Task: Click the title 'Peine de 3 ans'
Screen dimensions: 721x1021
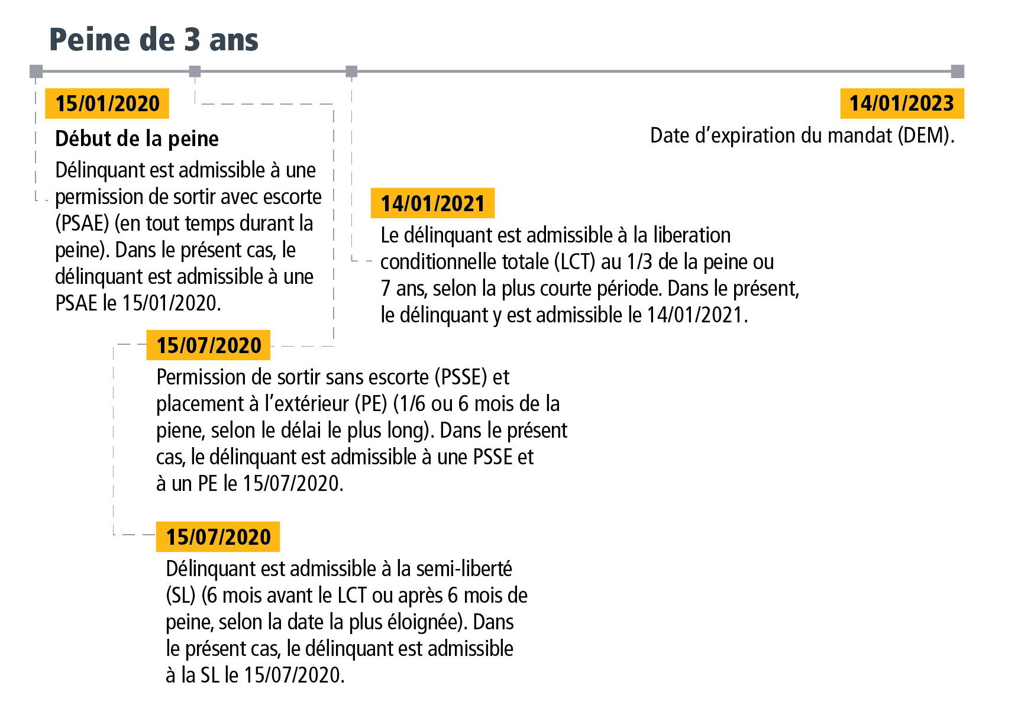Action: coord(153,40)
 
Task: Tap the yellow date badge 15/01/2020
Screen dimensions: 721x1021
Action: coord(107,104)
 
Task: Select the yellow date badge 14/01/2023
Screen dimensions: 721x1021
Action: coord(902,104)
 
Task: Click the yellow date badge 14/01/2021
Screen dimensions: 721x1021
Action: coord(432,203)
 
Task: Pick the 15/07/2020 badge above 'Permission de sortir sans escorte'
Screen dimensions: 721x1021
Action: coord(208,345)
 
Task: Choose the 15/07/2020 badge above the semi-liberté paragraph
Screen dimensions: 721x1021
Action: coord(218,537)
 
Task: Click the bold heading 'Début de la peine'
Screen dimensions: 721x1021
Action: coord(137,139)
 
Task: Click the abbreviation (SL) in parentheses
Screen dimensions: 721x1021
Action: coord(180,596)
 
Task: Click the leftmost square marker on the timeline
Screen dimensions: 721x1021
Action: coord(37,72)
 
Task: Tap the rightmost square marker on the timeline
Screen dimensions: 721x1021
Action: coord(957,72)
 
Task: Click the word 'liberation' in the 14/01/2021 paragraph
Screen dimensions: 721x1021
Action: coord(692,235)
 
